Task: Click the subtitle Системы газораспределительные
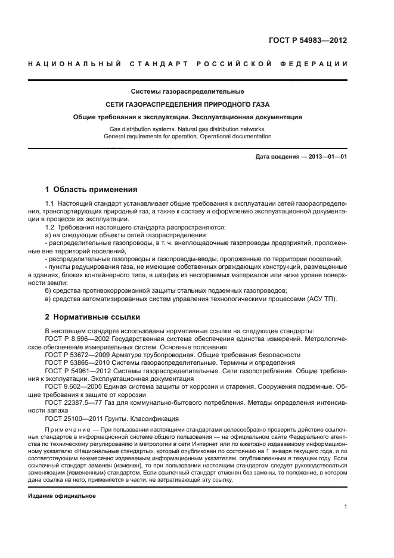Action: [187, 91]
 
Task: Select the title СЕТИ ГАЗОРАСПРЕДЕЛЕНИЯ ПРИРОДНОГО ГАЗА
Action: [187, 104]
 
